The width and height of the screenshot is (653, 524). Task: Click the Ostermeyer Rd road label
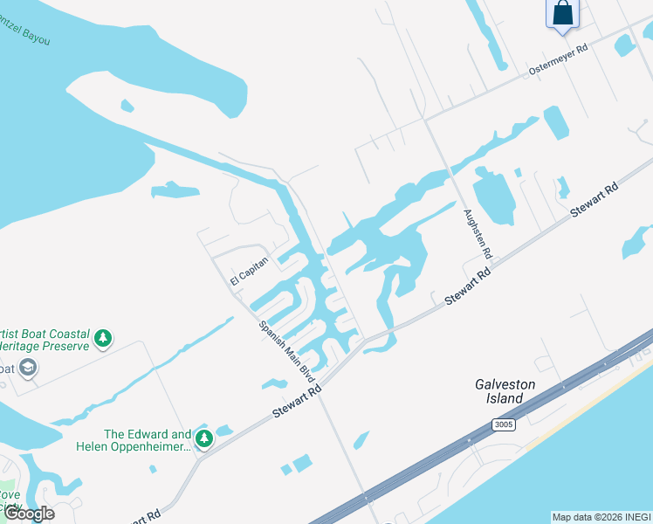point(559,59)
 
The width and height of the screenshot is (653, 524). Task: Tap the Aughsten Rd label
point(479,234)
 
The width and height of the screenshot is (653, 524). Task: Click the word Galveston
point(505,384)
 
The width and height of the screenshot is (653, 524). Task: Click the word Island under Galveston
point(505,398)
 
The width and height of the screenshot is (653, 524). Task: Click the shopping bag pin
point(563,14)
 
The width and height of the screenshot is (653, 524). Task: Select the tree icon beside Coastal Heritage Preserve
point(103,338)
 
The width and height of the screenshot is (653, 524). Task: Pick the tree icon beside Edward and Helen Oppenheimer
point(203,438)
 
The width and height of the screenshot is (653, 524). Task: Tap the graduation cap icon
point(27,368)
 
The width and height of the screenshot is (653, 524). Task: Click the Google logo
point(29,514)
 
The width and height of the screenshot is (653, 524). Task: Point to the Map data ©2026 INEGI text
point(601,517)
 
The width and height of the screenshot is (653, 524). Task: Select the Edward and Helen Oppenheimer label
point(148,440)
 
